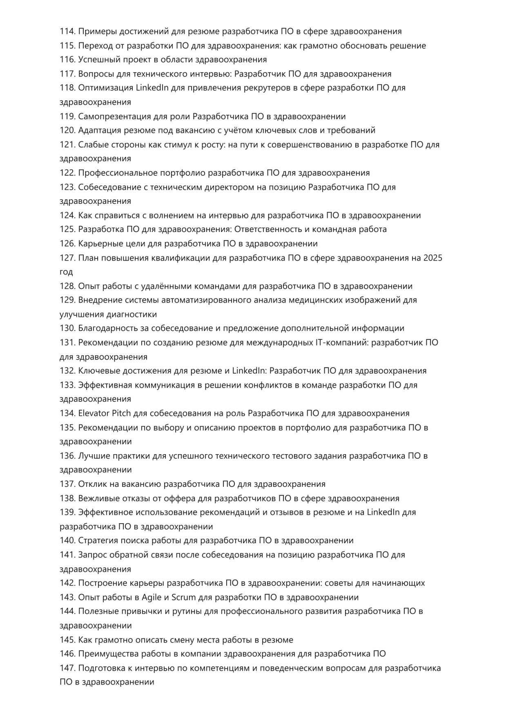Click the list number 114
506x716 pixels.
coord(67,31)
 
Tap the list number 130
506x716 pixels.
coord(67,328)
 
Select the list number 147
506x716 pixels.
coord(67,668)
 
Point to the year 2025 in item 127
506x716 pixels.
coord(433,258)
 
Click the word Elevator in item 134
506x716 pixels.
coord(94,413)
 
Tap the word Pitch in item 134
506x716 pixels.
coord(121,413)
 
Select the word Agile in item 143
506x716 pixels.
coord(152,598)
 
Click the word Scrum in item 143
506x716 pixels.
coord(184,598)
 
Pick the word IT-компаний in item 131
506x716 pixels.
coord(341,343)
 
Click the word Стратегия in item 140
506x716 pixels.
coord(98,541)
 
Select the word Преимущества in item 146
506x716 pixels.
coord(108,654)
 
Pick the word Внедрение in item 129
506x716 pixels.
coord(100,300)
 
